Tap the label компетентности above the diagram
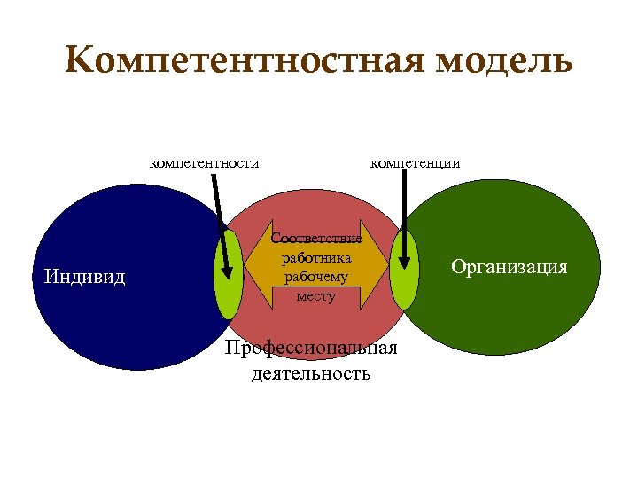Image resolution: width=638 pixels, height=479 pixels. tap(204, 162)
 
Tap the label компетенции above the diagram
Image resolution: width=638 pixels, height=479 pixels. tap(415, 162)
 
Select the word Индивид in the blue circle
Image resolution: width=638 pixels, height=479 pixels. tap(84, 277)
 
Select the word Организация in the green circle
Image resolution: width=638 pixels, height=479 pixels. tap(509, 266)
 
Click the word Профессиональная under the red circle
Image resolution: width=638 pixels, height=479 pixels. tap(311, 348)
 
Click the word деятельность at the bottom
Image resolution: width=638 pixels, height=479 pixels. tap(311, 373)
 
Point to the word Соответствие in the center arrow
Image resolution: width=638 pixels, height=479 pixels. tap(316, 239)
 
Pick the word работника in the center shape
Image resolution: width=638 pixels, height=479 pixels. tap(316, 258)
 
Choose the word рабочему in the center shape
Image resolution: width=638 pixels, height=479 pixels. tap(316, 277)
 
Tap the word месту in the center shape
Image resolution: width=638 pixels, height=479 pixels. tap(316, 295)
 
